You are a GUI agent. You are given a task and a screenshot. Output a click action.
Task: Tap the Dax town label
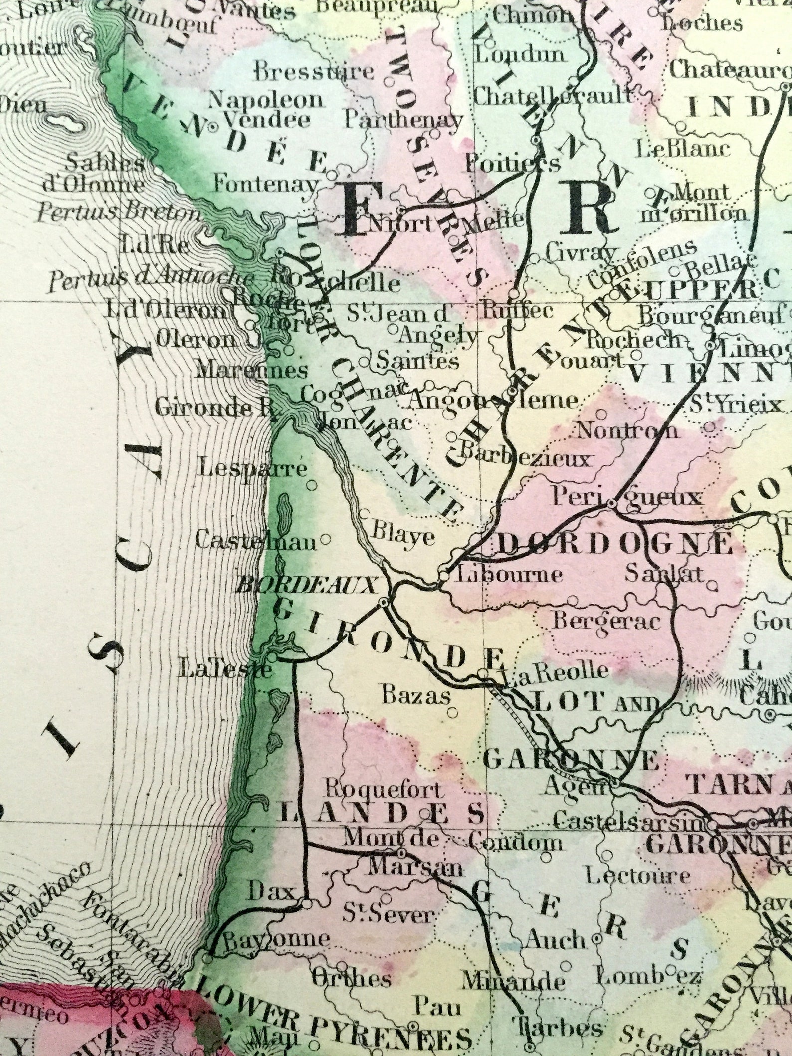(272, 891)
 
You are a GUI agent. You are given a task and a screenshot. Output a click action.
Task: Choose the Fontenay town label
(265, 185)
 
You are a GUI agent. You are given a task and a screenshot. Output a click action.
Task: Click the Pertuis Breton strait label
(119, 213)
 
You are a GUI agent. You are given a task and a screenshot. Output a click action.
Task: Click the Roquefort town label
(384, 790)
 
